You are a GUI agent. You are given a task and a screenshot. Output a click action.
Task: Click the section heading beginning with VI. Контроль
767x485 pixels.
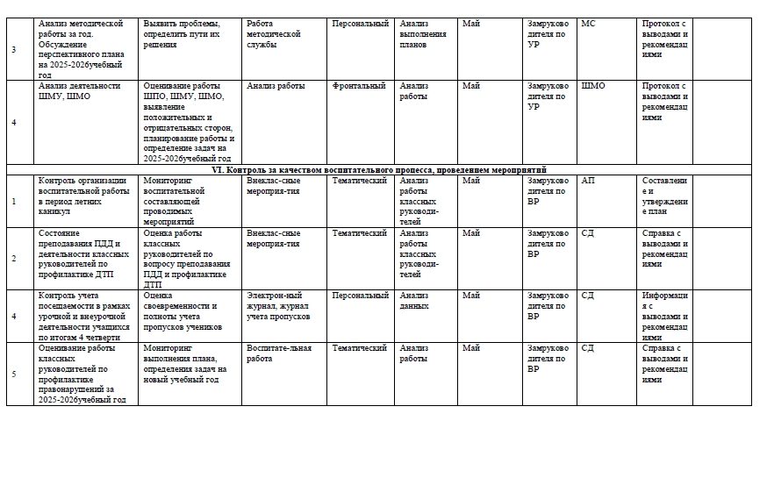386,169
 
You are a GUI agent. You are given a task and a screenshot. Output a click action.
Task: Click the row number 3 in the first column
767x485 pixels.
13,49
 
